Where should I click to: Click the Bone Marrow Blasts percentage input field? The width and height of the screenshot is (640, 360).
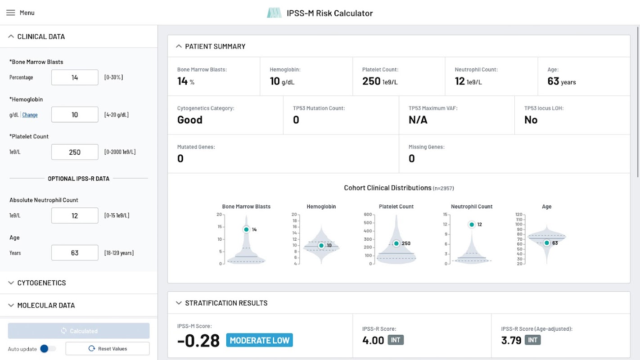click(75, 77)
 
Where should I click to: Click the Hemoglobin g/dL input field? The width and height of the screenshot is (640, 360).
click(75, 115)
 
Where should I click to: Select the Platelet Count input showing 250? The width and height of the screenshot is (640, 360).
click(75, 152)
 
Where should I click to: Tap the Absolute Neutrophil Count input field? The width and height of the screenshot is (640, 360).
click(75, 216)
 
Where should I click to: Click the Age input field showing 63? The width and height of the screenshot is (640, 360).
click(75, 253)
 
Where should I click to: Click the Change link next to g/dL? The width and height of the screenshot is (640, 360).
click(30, 115)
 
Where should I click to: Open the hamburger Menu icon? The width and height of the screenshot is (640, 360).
click(11, 13)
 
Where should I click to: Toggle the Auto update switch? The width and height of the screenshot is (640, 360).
click(47, 349)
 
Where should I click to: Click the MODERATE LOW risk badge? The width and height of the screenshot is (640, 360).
click(259, 340)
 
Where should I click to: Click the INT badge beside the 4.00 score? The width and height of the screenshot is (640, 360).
click(396, 340)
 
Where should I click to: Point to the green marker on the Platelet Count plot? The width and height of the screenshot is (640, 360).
click(397, 243)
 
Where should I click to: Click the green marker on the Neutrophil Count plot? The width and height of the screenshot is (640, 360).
click(472, 225)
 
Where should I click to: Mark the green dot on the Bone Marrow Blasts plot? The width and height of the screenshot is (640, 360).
click(246, 229)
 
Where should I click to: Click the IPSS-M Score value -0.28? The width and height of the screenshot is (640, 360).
click(198, 340)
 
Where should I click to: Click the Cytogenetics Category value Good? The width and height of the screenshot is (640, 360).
click(190, 120)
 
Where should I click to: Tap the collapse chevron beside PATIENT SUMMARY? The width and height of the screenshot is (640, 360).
click(179, 46)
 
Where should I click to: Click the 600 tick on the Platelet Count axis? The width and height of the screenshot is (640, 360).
click(368, 214)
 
